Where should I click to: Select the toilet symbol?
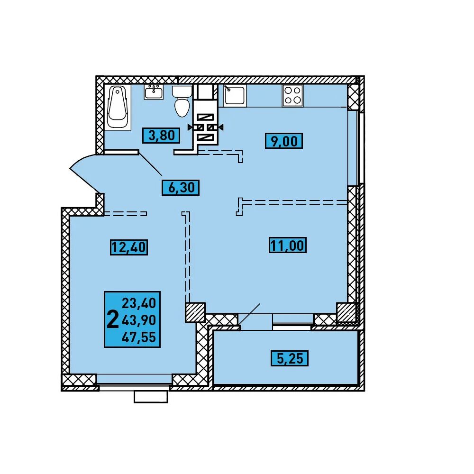pyautogui.click(x=182, y=101)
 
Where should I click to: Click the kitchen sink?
pyautogui.click(x=235, y=95)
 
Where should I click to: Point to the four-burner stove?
pyautogui.click(x=292, y=95)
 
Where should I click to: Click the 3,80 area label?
pyautogui.click(x=162, y=136)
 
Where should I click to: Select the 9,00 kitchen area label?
pyautogui.click(x=284, y=141)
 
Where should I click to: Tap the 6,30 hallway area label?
pyautogui.click(x=181, y=188)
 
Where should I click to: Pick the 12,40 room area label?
pyautogui.click(x=129, y=247)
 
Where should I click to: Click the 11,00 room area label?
pyautogui.click(x=288, y=245)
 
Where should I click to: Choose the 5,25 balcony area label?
pyautogui.click(x=290, y=358)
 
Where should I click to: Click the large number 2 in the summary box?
pyautogui.click(x=113, y=320)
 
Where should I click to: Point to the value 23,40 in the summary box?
pyautogui.click(x=139, y=303)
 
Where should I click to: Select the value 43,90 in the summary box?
pyautogui.click(x=139, y=320)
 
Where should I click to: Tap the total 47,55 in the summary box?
pyautogui.click(x=139, y=337)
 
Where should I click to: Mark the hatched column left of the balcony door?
pyautogui.click(x=195, y=312)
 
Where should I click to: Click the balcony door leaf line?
pyautogui.click(x=250, y=315)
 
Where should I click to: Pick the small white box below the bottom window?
pyautogui.click(x=151, y=397)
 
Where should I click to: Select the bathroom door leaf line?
pyautogui.click(x=150, y=163)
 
